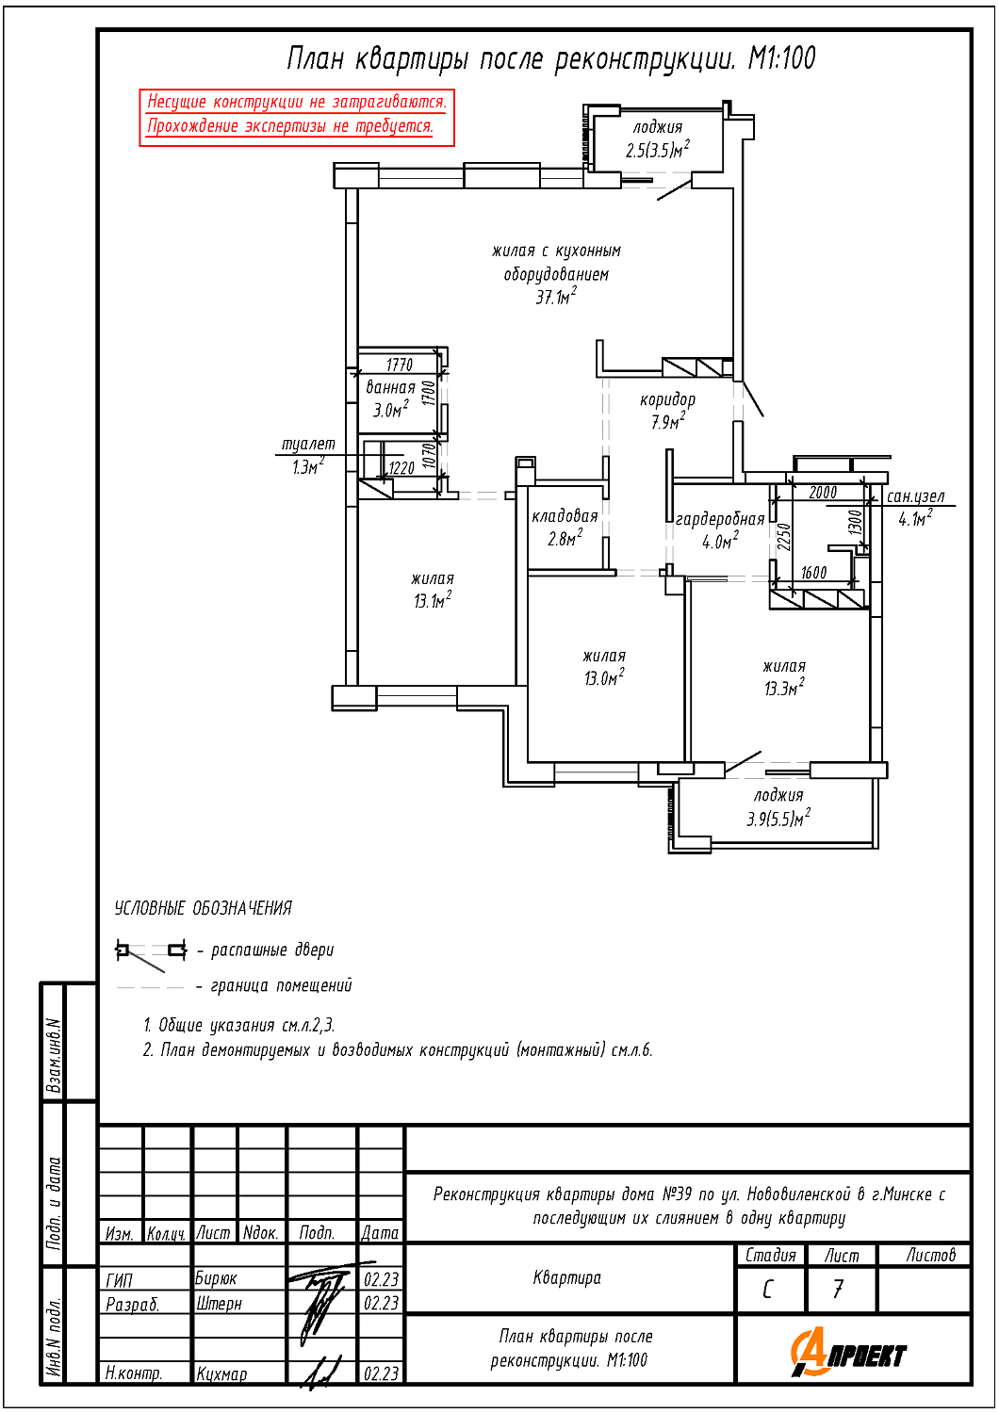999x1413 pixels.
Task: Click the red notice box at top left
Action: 297,118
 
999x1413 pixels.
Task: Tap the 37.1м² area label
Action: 556,297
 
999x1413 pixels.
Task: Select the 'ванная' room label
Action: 390,386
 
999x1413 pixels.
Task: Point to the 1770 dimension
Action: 400,364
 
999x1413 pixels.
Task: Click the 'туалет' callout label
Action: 308,444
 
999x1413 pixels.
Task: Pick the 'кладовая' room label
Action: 565,516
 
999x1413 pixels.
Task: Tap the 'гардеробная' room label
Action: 720,519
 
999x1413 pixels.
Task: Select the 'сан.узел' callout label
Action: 916,496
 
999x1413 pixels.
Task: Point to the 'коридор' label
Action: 667,399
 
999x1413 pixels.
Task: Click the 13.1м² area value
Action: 433,601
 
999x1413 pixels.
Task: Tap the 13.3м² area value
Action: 784,687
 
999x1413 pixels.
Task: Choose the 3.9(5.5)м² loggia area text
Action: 778,819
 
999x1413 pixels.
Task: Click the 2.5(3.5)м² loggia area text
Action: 658,150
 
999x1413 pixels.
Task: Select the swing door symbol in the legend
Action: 150,955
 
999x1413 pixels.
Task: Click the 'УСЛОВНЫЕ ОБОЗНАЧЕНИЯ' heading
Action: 204,908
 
